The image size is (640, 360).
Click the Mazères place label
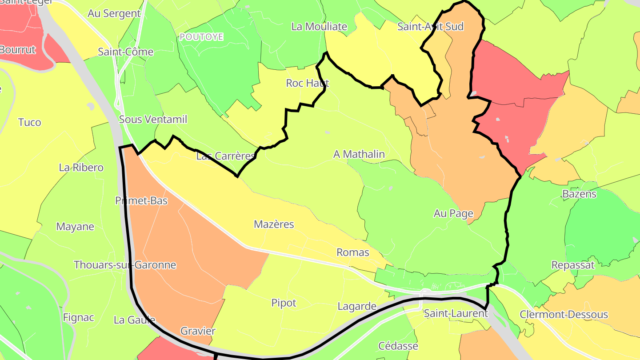(274, 224)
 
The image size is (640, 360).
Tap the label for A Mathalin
(359, 154)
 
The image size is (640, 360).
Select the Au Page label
(453, 213)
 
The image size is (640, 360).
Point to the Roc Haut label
(308, 83)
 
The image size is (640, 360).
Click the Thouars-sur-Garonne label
(125, 265)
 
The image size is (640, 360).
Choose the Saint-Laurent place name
(456, 313)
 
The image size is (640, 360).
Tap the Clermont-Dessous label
(564, 315)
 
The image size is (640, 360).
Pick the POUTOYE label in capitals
(201, 37)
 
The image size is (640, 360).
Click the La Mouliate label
(319, 27)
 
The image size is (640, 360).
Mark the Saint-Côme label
(125, 52)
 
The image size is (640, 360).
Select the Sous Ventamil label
(153, 120)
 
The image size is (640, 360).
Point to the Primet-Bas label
(141, 201)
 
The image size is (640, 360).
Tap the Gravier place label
(198, 331)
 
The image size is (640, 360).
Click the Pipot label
(284, 303)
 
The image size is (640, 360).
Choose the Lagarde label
(357, 306)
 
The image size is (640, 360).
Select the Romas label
(353, 252)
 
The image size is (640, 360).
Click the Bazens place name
(579, 194)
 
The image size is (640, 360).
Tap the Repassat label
(573, 265)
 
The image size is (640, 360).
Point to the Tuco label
(30, 122)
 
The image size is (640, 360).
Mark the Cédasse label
(398, 346)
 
